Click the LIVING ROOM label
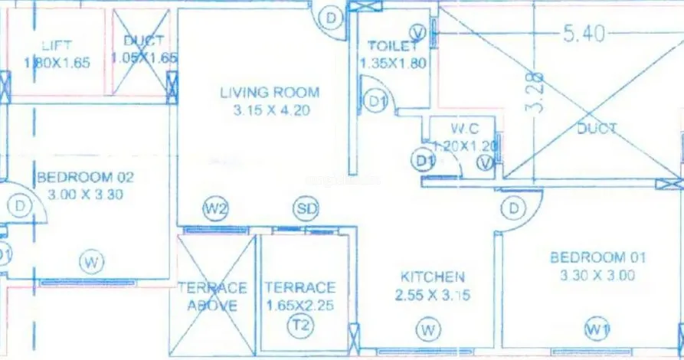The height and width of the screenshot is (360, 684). point(270,93)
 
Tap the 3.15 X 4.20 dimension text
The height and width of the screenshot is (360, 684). point(270,110)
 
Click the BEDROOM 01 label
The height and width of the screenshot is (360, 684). point(598,257)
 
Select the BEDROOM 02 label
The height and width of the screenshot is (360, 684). point(85,178)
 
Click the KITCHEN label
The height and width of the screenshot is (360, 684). point(433,277)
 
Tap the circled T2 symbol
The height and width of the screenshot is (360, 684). point(299,326)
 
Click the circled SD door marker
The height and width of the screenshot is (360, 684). point(305,208)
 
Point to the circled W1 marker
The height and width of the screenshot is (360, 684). point(597,329)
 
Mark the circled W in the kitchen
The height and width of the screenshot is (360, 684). point(428,330)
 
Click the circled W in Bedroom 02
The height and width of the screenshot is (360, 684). point(91,263)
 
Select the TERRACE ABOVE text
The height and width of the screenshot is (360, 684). point(212,296)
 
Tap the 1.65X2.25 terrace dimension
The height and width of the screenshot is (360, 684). point(300,305)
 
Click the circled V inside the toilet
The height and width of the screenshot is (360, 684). point(417,31)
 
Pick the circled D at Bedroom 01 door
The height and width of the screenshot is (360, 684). point(512,208)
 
